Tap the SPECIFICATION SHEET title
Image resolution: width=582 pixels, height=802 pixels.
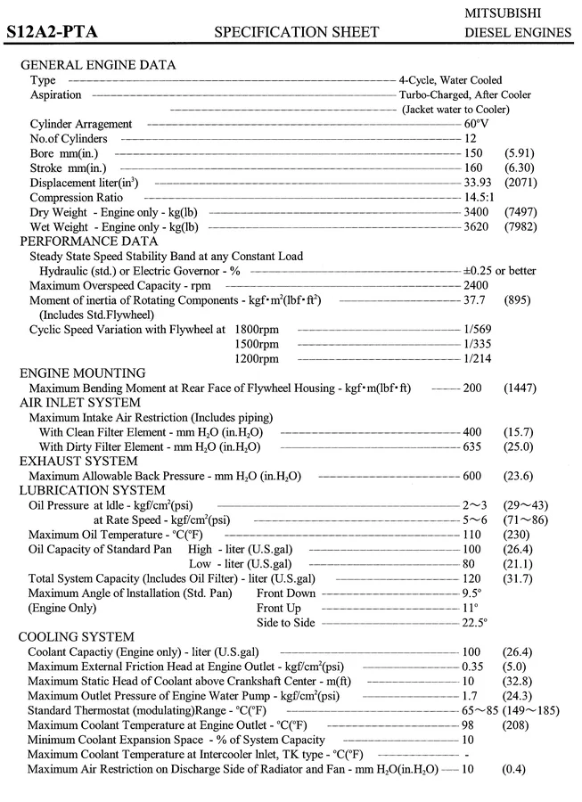pyautogui.click(x=297, y=33)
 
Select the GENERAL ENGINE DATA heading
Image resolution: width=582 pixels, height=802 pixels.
pyautogui.click(x=98, y=65)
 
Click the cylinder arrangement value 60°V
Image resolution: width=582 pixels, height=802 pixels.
pyautogui.click(x=476, y=124)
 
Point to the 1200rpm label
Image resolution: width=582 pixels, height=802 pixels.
pyautogui.click(x=257, y=358)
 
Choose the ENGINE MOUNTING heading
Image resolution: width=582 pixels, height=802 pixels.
pyautogui.click(x=83, y=373)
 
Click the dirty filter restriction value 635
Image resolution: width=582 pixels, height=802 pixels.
pyautogui.click(x=472, y=446)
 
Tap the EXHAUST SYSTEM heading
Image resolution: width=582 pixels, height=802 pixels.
pyautogui.click(x=78, y=461)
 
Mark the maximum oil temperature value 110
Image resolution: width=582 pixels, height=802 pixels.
pyautogui.click(x=472, y=534)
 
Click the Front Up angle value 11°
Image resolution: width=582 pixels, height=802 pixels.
pyautogui.click(x=471, y=608)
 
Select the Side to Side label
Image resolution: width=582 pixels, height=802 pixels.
pyautogui.click(x=285, y=622)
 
